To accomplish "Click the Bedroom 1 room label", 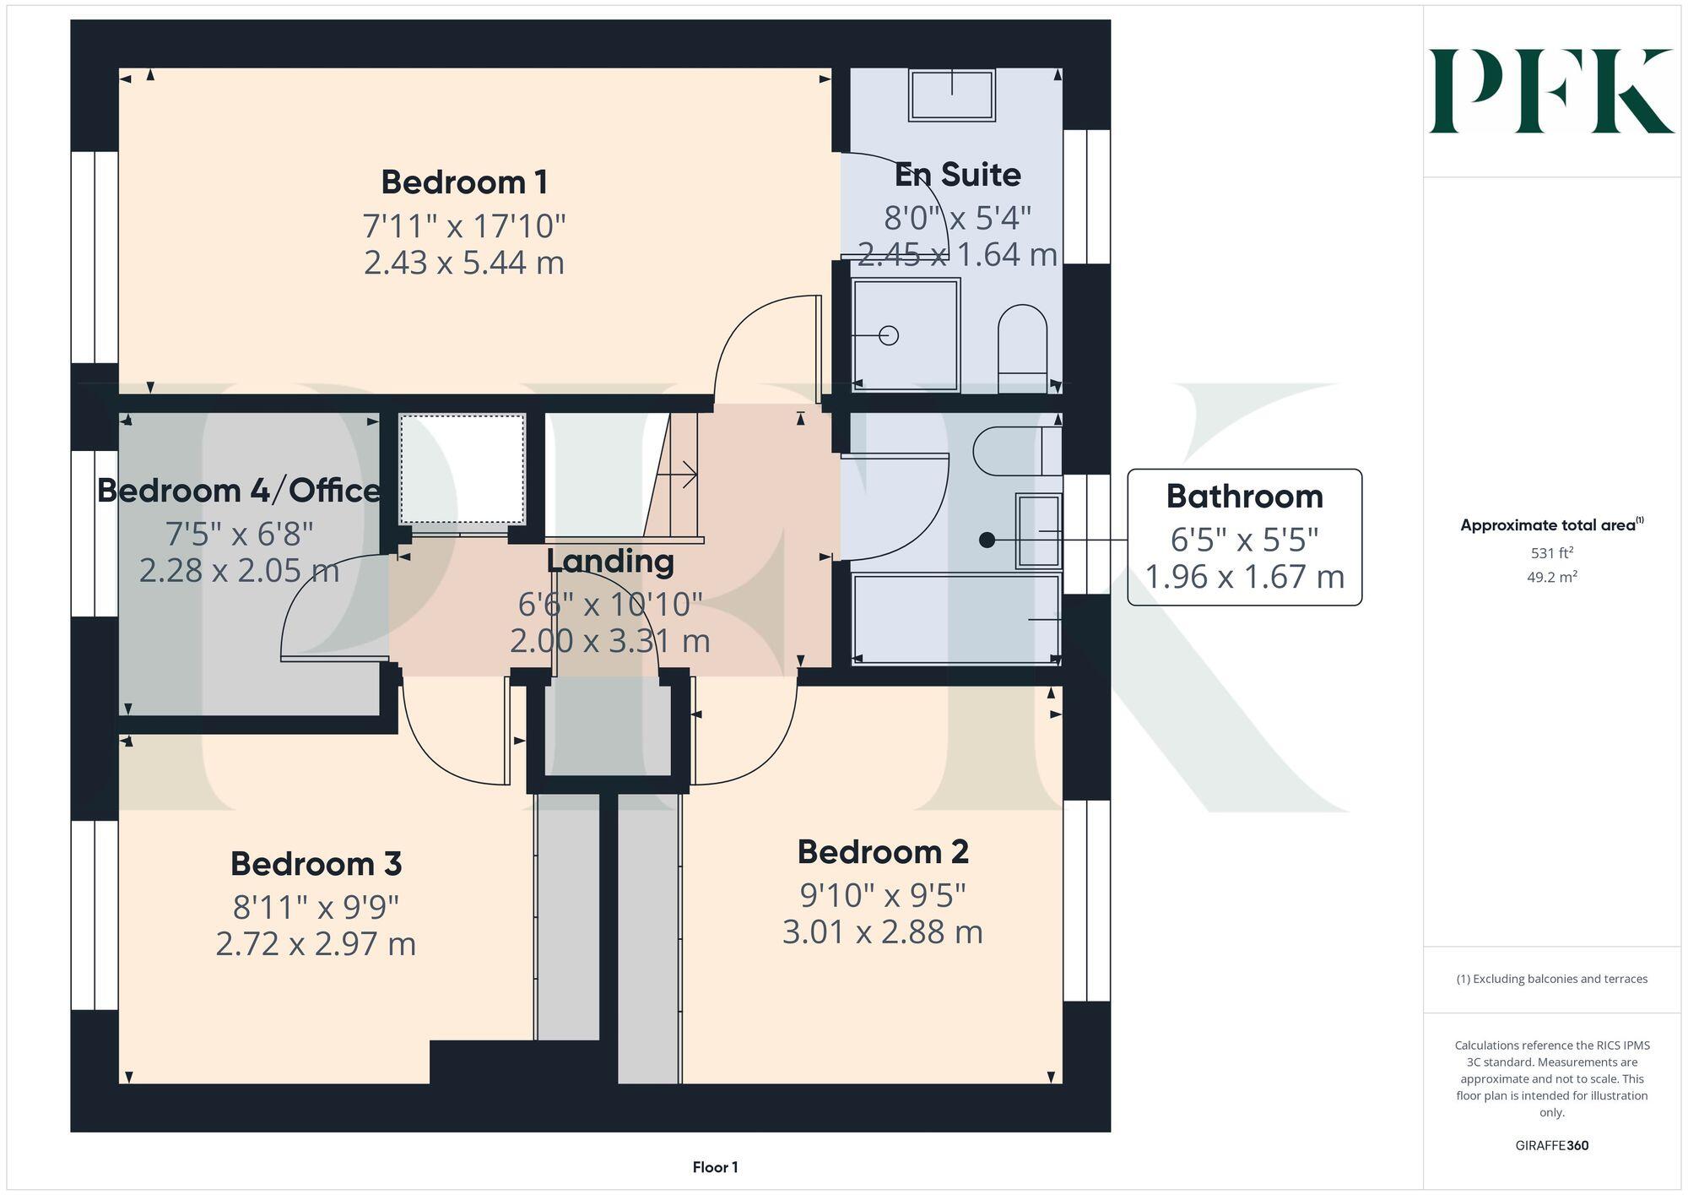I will tap(464, 182).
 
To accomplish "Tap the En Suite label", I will tap(957, 175).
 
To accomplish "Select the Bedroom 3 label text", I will tap(316, 864).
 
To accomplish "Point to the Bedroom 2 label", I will tap(882, 852).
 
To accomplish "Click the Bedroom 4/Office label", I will tap(239, 491).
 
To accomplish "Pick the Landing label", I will tap(609, 562).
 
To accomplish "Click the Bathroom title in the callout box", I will tap(1244, 497).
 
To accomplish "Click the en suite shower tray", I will tap(906, 335).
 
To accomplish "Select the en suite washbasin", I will tap(952, 94).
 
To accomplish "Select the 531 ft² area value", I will tap(1551, 553).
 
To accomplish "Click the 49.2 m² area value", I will tap(1551, 578).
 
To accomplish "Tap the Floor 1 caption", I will tap(715, 1167).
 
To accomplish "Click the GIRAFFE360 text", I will tap(1551, 1146).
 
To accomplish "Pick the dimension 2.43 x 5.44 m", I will tap(464, 263).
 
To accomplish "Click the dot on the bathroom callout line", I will tap(987, 540).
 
